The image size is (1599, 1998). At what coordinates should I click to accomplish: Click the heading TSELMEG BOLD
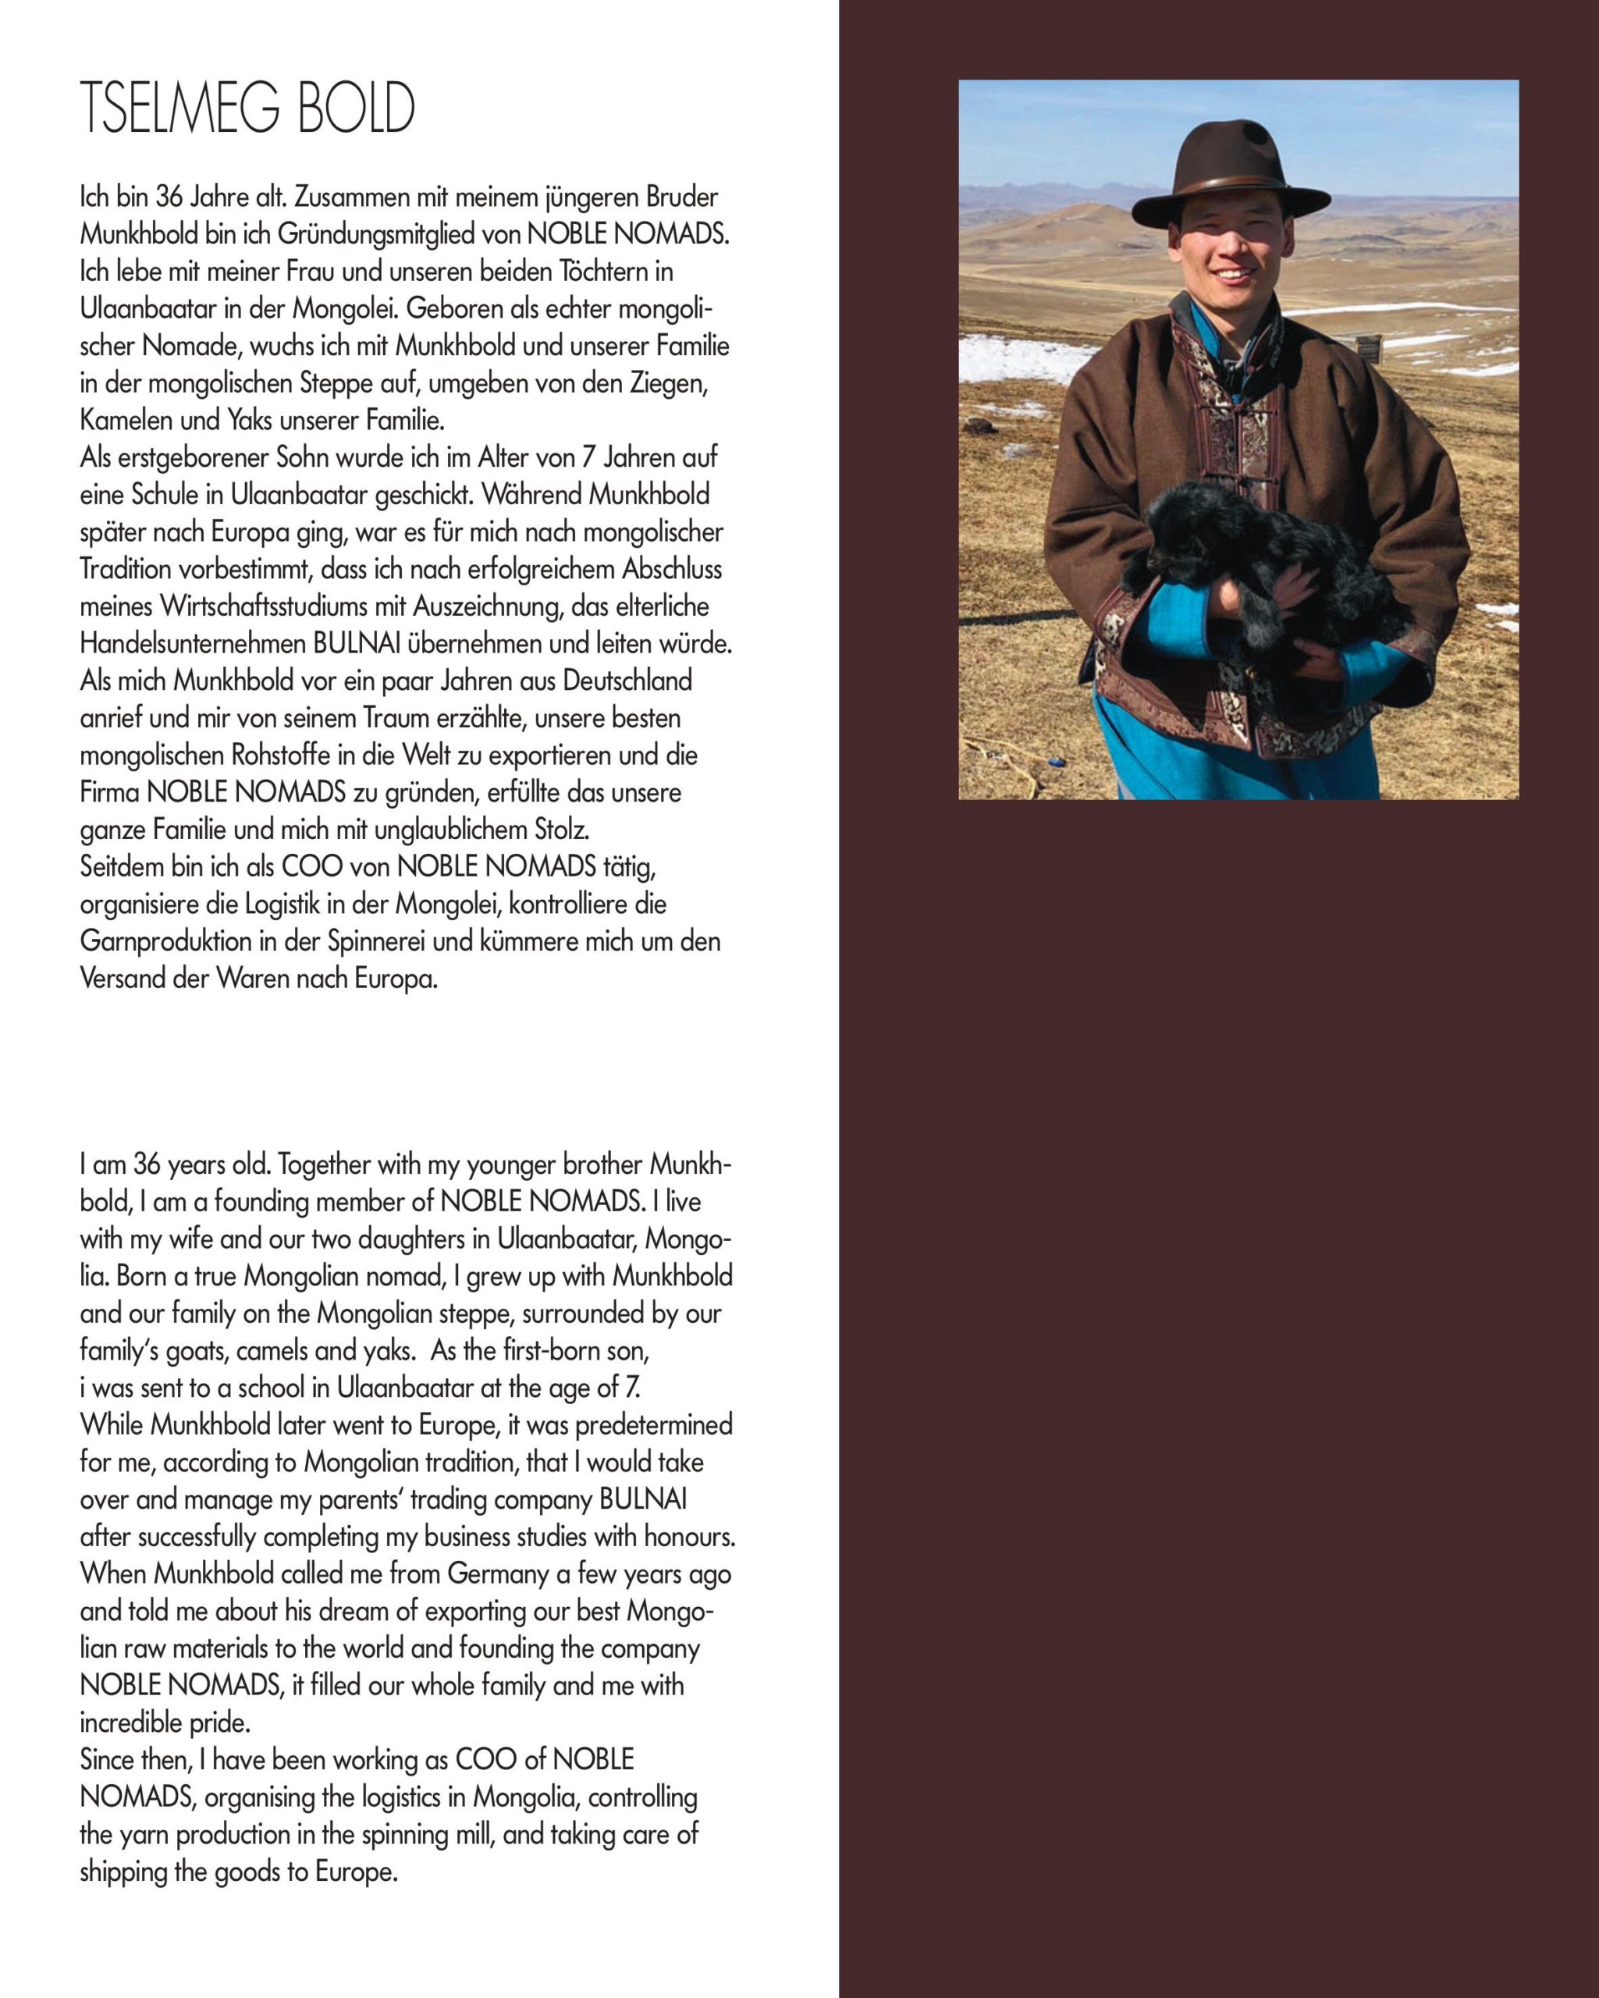[247, 109]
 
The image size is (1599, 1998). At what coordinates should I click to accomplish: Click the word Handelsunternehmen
[193, 644]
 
